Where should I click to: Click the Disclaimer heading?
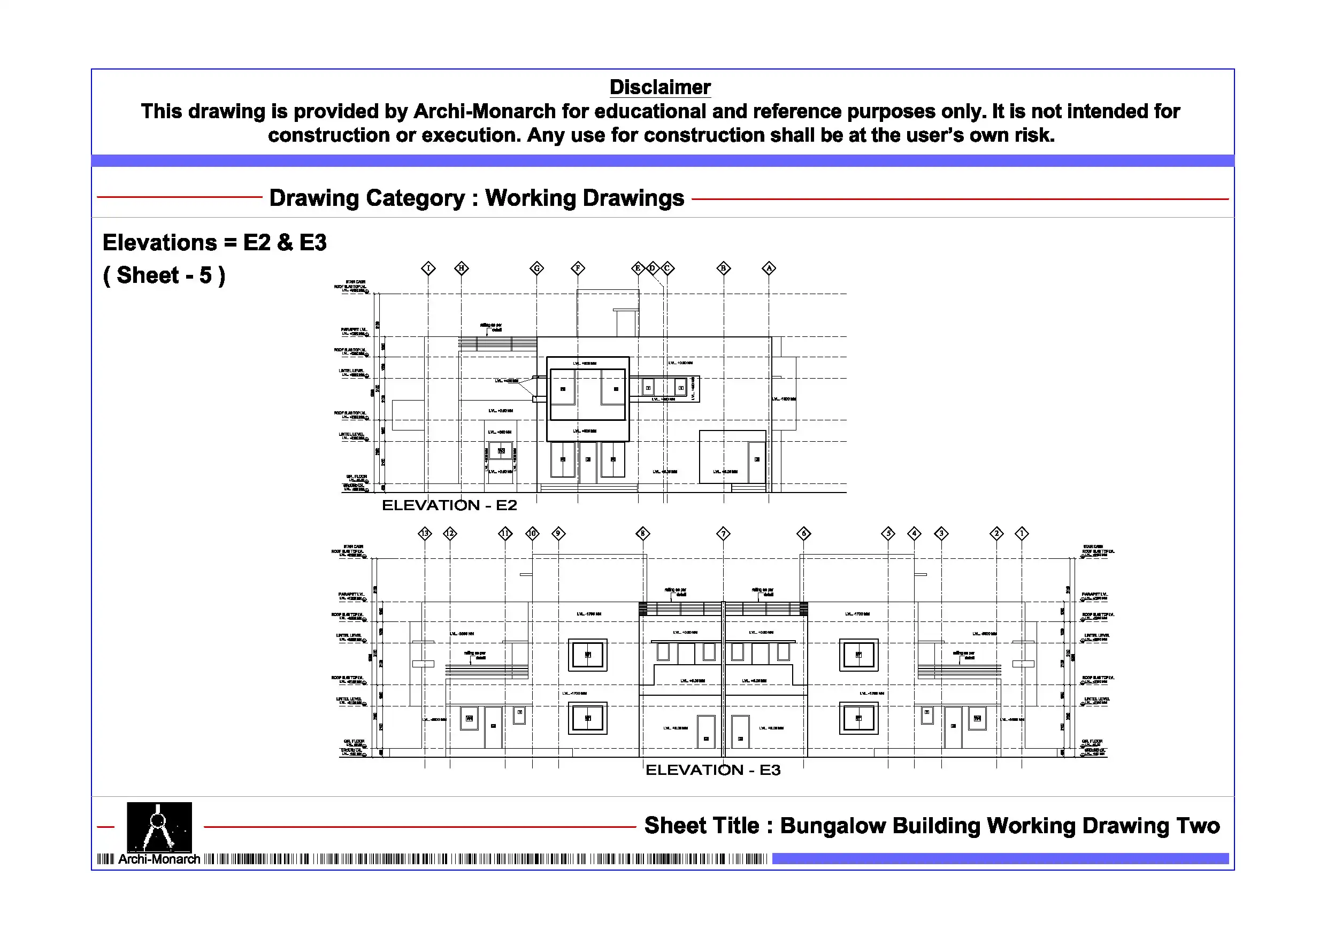tap(659, 87)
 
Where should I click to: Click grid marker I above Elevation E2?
tap(428, 268)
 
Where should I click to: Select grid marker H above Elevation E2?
tap(461, 268)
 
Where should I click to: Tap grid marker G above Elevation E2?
tap(537, 268)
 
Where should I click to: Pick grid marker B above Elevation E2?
tap(724, 268)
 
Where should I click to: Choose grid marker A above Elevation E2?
tap(769, 268)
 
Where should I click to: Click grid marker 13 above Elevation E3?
tap(425, 533)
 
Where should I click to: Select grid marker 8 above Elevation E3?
tap(643, 533)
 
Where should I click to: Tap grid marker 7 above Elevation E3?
tap(723, 533)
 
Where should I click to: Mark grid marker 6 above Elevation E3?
tap(803, 533)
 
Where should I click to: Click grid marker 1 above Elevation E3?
tap(1022, 533)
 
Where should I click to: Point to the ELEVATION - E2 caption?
tap(449, 506)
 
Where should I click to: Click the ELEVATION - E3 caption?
tap(712, 771)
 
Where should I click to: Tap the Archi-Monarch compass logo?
tap(159, 827)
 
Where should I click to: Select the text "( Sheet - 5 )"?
tap(164, 276)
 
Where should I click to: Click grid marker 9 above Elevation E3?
tap(558, 533)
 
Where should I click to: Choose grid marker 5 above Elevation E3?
tap(888, 533)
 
